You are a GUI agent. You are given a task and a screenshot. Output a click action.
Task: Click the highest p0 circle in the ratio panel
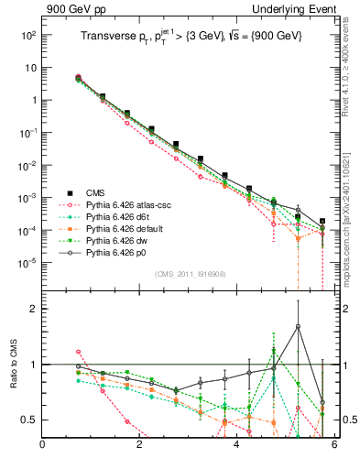(x=298, y=327)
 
